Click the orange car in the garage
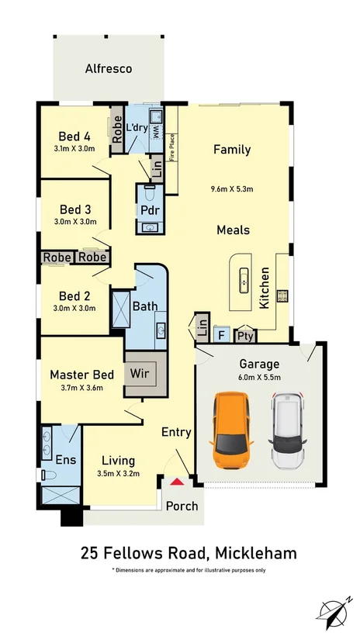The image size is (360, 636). click(x=231, y=430)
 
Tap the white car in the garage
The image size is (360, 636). click(x=287, y=430)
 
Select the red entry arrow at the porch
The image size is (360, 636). click(x=177, y=482)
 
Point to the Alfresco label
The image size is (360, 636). click(x=109, y=68)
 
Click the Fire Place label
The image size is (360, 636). click(x=171, y=147)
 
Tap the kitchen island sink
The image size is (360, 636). click(x=244, y=280)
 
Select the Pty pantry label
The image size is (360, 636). click(x=245, y=337)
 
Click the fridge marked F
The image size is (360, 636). click(x=222, y=335)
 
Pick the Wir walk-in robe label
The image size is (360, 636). click(x=139, y=372)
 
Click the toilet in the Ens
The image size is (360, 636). click(x=48, y=475)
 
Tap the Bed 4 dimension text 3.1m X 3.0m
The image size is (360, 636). click(x=74, y=149)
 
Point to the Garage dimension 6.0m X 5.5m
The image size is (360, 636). click(x=259, y=377)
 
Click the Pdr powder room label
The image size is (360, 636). click(x=150, y=211)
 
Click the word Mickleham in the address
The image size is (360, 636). click(x=256, y=553)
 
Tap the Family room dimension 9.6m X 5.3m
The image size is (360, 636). click(x=232, y=188)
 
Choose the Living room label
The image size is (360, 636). click(x=118, y=461)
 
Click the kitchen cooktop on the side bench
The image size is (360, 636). click(x=282, y=296)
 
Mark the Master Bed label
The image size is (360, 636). click(x=82, y=375)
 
